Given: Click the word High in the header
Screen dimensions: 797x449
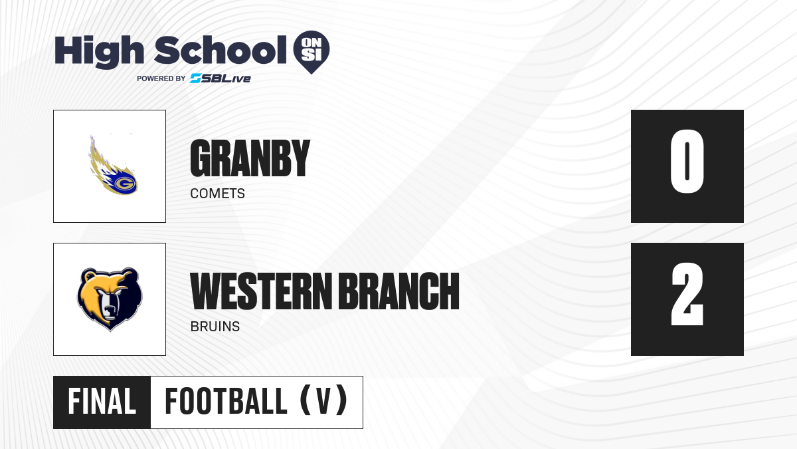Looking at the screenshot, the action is coord(99,51).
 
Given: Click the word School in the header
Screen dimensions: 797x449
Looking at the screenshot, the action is coord(221,50).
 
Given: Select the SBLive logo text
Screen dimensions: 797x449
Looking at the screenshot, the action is coord(221,78).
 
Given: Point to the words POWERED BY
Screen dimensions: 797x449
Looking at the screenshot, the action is coord(161,78).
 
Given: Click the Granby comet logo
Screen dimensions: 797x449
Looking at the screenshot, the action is coord(113,166).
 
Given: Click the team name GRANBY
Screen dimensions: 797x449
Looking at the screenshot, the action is coord(250,158).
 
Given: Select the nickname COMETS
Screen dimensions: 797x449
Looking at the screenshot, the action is coord(217,194).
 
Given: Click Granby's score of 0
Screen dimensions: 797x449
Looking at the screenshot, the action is coord(687,162).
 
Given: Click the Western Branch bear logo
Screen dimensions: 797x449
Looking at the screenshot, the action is coord(110,299).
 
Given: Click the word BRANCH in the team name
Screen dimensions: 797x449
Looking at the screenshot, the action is coord(398,291).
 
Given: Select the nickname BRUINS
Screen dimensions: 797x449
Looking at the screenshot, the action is coord(215,327).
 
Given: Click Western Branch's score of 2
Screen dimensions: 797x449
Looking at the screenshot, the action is coord(687,294).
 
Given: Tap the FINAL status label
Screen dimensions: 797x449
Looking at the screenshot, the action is coord(102,401).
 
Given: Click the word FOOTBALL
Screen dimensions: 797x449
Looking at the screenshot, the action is coord(226,401).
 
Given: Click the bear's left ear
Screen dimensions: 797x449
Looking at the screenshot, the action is coord(89,277).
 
